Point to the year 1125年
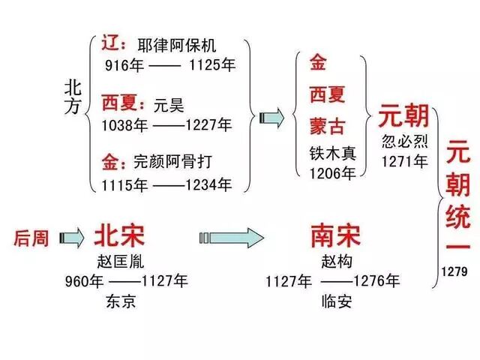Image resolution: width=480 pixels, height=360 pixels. (x=213, y=65)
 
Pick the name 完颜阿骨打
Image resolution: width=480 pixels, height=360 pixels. (x=179, y=160)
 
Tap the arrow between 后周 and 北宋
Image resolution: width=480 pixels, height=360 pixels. (x=73, y=238)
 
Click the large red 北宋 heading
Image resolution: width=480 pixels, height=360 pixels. (x=119, y=237)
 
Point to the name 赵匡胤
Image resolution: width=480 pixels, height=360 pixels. (x=121, y=262)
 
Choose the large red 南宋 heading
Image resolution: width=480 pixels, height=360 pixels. (x=334, y=237)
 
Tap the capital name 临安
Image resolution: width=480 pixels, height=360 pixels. (x=334, y=303)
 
